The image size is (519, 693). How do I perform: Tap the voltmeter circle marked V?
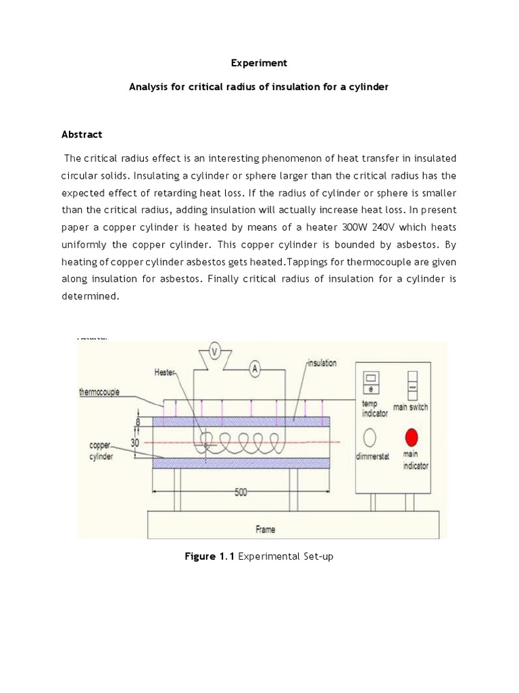click(x=215, y=351)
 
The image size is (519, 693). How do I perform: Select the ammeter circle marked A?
click(x=255, y=369)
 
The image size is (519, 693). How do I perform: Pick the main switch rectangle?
click(x=411, y=382)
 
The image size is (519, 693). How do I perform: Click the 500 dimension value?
click(x=241, y=493)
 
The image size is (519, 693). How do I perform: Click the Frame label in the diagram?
click(x=265, y=529)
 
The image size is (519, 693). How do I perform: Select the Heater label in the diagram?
click(x=166, y=372)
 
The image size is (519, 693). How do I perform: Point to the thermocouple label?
click(x=99, y=392)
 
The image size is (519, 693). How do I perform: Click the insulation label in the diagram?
click(x=322, y=363)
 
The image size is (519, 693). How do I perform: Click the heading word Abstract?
click(x=82, y=135)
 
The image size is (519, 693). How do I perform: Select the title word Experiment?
click(x=259, y=63)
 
